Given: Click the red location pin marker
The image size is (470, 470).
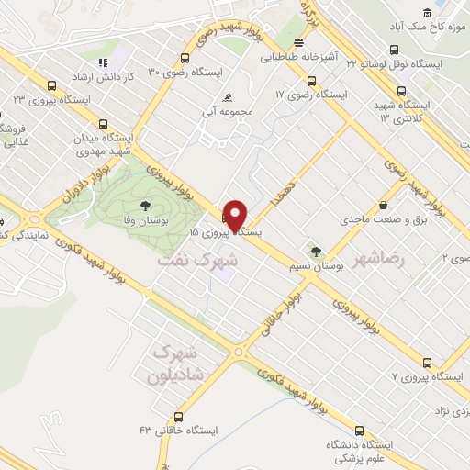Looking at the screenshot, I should point(236,217).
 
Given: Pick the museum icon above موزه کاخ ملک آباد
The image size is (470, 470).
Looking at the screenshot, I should point(428,11).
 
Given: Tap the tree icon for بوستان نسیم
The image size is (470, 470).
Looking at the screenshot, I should point(317,251).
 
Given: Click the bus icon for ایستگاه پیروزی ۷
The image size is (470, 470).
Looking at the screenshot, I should point(427,363).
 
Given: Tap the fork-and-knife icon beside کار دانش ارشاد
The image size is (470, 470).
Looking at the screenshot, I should point(103,62).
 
